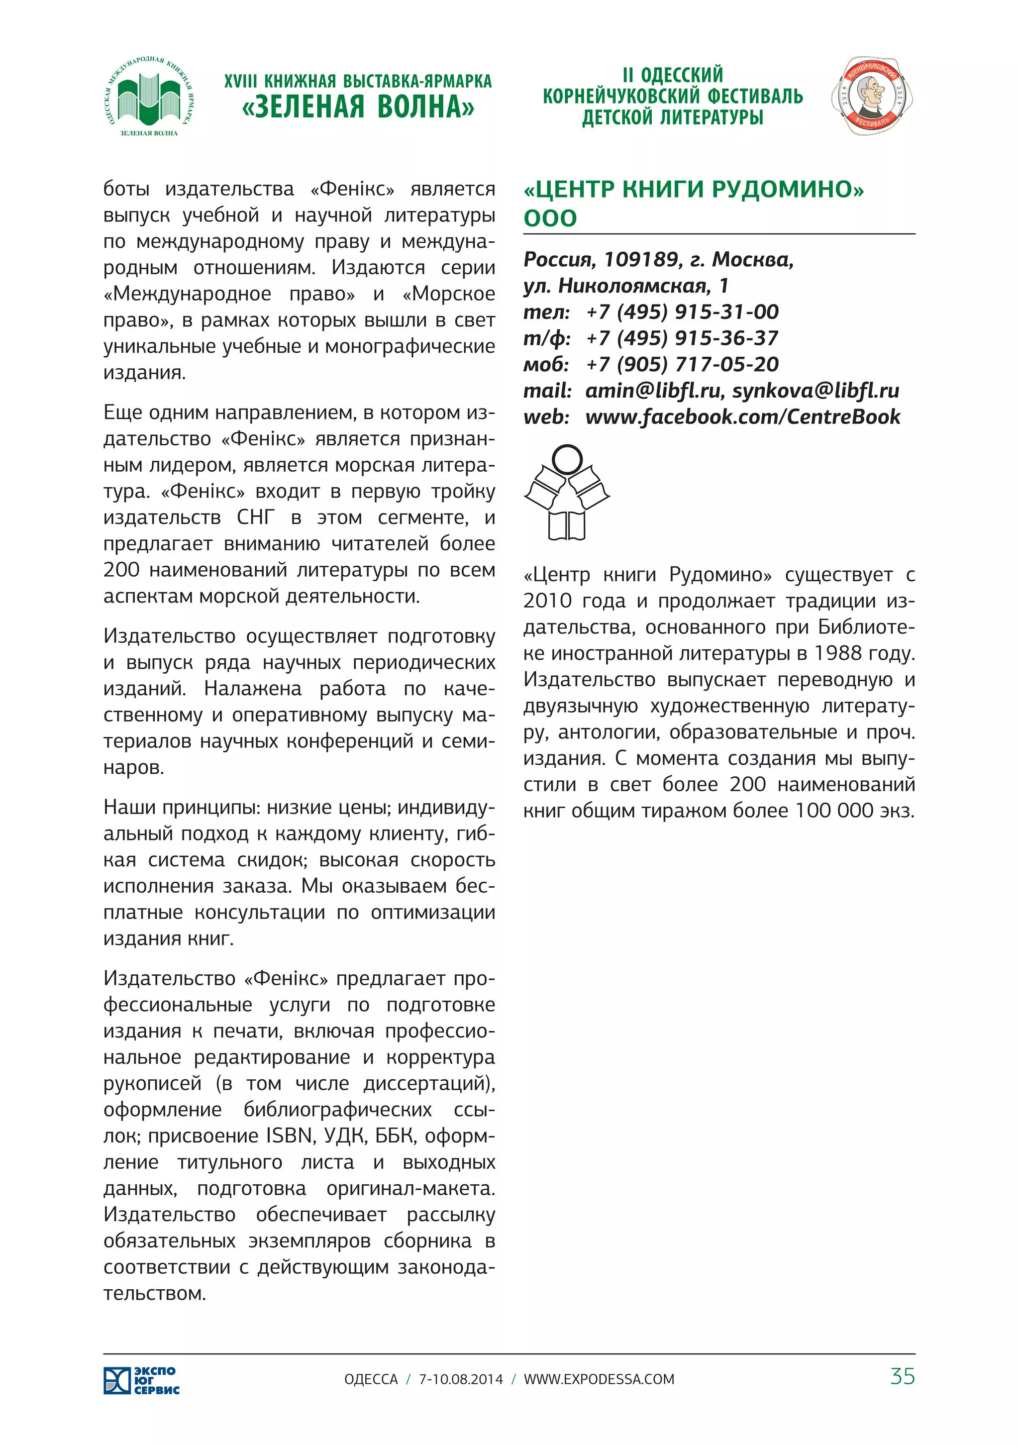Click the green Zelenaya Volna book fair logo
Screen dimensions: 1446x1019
click(149, 96)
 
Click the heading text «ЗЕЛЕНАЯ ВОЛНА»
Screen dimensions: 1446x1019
click(358, 107)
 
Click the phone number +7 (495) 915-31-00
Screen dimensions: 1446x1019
click(682, 312)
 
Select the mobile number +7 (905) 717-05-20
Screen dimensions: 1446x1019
click(682, 364)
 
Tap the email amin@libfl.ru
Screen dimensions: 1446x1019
click(652, 391)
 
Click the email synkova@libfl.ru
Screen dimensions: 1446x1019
click(815, 391)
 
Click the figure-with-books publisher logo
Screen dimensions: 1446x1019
click(567, 493)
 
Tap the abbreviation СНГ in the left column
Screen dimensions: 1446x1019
click(256, 517)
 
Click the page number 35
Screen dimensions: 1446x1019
click(902, 1377)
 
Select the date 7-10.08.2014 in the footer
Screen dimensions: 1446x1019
click(461, 1379)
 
